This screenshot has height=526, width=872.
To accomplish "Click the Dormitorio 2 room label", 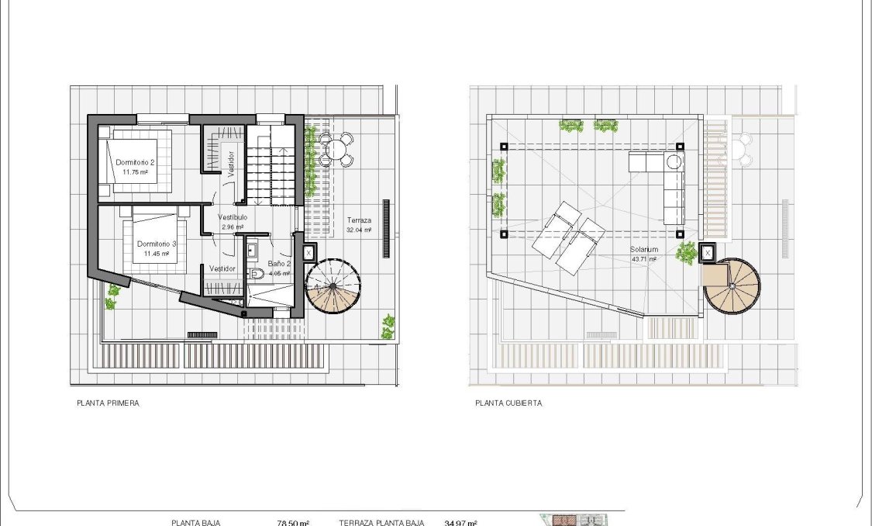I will (136, 162).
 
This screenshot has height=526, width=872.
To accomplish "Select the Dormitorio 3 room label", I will (157, 244).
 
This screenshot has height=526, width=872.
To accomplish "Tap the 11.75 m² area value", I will (135, 172).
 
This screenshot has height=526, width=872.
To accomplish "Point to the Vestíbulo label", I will (233, 217).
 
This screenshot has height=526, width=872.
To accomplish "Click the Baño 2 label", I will (279, 264).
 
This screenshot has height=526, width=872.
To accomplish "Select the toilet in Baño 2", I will (257, 273).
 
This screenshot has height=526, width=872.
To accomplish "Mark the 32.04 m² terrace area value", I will (359, 230).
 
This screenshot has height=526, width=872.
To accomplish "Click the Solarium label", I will (644, 249).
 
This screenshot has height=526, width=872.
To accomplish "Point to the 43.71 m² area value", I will (644, 259).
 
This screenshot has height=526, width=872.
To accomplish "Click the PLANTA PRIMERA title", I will (108, 403).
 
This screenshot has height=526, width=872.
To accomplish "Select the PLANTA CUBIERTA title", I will (508, 403).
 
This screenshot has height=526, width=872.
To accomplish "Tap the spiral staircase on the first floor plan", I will (333, 286).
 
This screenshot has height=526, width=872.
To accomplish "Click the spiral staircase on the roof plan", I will (732, 286).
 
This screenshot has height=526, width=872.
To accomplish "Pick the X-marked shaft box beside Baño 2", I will (308, 252).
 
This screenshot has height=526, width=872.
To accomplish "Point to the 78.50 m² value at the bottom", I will (293, 522).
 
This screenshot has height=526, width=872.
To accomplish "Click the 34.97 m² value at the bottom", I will (460, 522).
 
